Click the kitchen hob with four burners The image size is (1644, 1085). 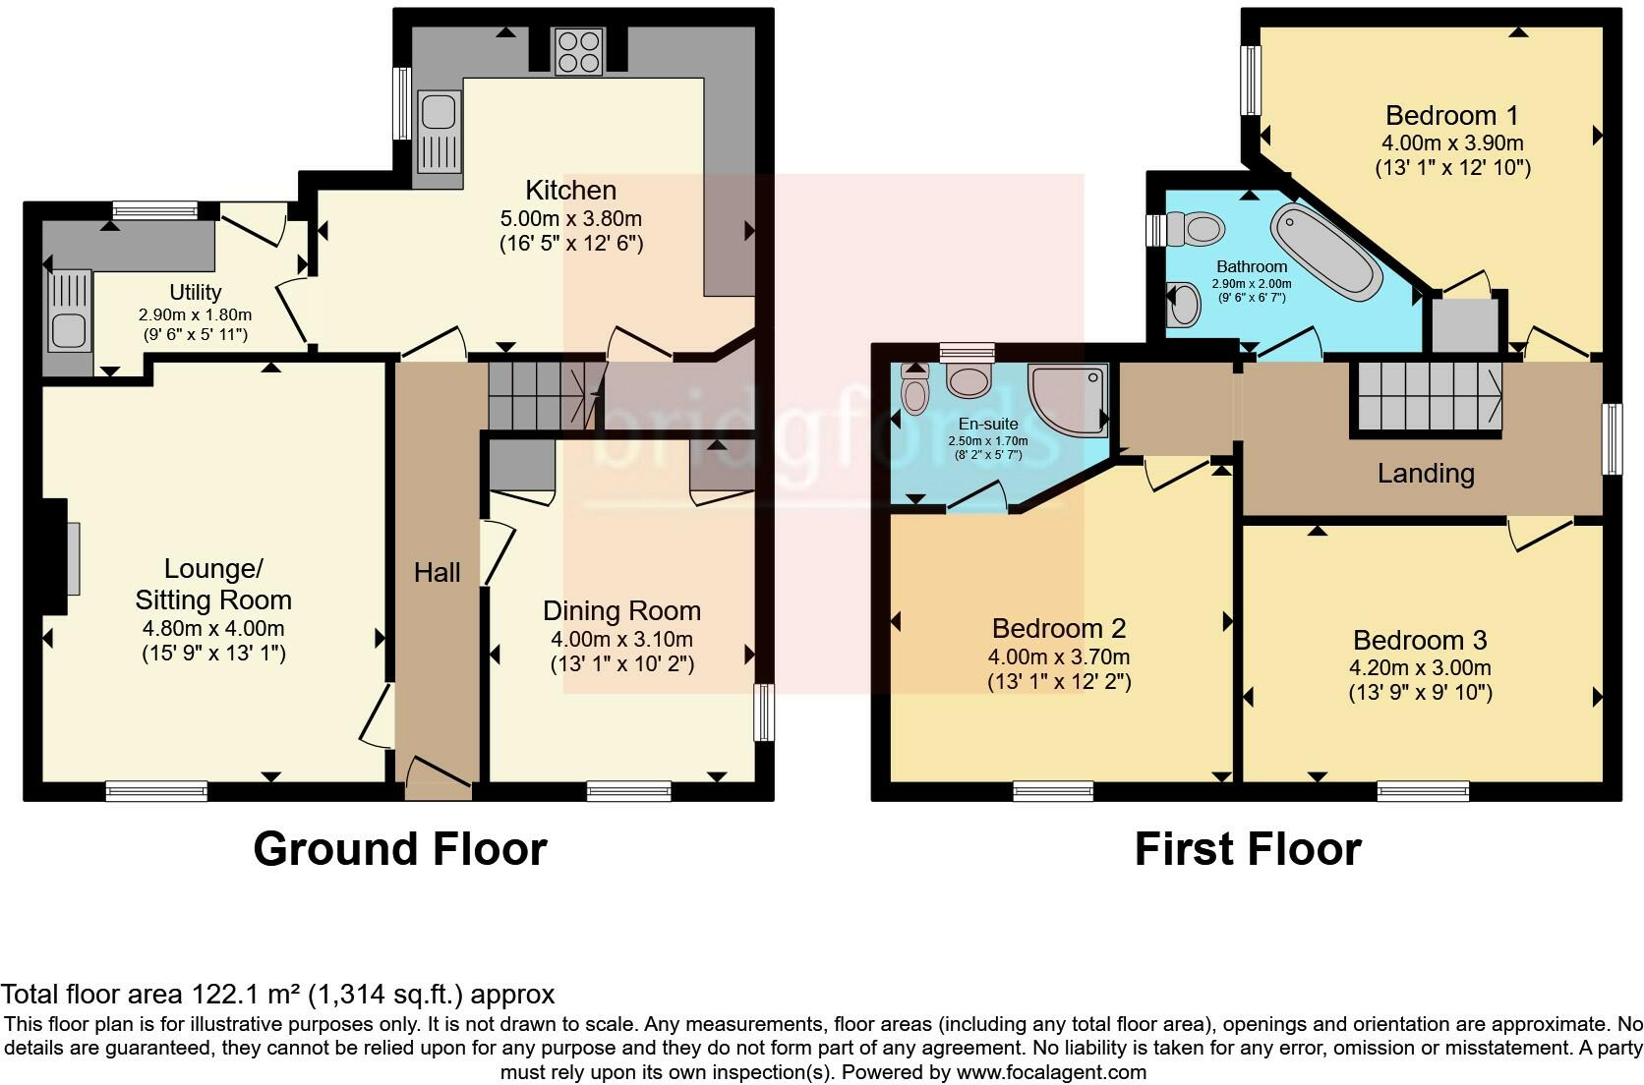point(578,52)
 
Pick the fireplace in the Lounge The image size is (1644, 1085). point(60,557)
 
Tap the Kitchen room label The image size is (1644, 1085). point(570,190)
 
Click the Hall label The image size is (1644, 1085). point(437,572)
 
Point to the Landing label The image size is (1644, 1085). point(1425,474)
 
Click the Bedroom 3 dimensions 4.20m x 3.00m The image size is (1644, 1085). point(1420,668)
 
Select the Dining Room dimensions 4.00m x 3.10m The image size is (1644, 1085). point(621,639)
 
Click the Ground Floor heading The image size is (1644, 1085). point(399,849)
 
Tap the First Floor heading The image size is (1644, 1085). point(1247,849)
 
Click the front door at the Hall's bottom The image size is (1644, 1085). point(439,775)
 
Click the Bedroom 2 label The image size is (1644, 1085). point(1059,628)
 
